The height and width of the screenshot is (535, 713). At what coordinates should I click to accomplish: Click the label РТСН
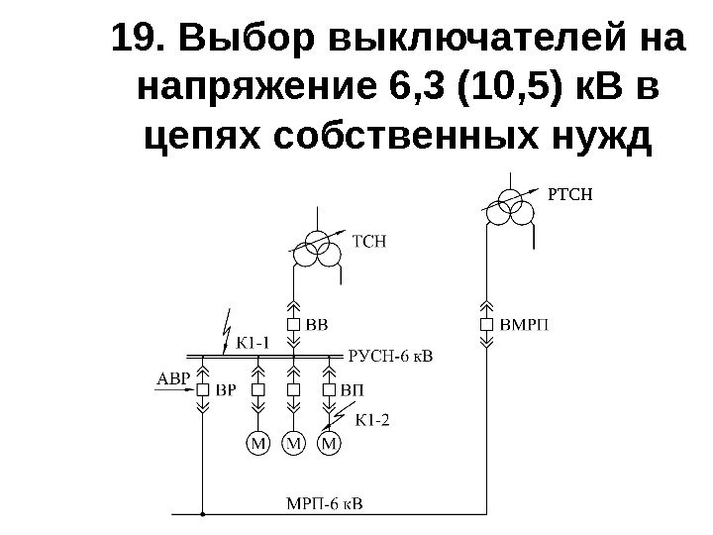(569, 194)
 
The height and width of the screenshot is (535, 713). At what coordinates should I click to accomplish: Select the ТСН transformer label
(367, 240)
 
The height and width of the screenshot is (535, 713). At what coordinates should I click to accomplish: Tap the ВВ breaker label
(316, 324)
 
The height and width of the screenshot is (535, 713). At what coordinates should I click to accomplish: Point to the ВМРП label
(523, 324)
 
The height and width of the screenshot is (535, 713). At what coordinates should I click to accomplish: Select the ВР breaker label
(226, 390)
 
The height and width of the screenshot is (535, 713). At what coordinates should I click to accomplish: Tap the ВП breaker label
(351, 390)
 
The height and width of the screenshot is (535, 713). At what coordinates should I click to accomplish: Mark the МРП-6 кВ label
(324, 502)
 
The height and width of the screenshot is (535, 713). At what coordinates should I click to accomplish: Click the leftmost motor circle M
(258, 443)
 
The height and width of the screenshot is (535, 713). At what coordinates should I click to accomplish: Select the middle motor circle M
(294, 443)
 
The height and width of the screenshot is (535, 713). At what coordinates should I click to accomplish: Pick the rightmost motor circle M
(330, 443)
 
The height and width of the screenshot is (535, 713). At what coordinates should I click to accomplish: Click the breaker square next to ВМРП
(486, 324)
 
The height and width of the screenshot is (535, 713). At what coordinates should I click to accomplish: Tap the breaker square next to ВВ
(293, 324)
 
